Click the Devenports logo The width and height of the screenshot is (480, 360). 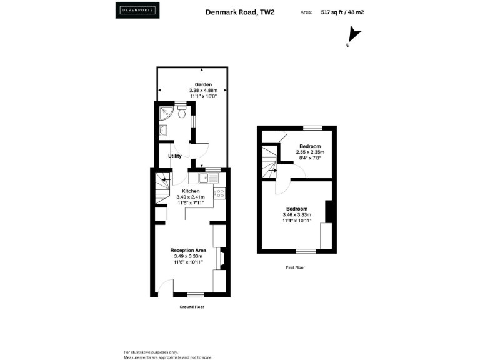[137, 11]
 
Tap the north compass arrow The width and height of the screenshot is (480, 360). [354, 36]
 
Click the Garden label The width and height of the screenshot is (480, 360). [203, 84]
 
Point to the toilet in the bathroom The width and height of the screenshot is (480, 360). [181, 112]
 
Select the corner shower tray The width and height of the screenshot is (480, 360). [166, 113]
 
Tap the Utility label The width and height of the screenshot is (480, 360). [175, 156]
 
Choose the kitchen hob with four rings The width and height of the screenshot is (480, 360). [219, 193]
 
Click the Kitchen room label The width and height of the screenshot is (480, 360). [191, 191]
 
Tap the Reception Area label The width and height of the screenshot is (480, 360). [189, 250]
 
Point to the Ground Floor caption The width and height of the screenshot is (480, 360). [191, 307]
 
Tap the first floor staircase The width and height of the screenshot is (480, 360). [269, 161]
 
